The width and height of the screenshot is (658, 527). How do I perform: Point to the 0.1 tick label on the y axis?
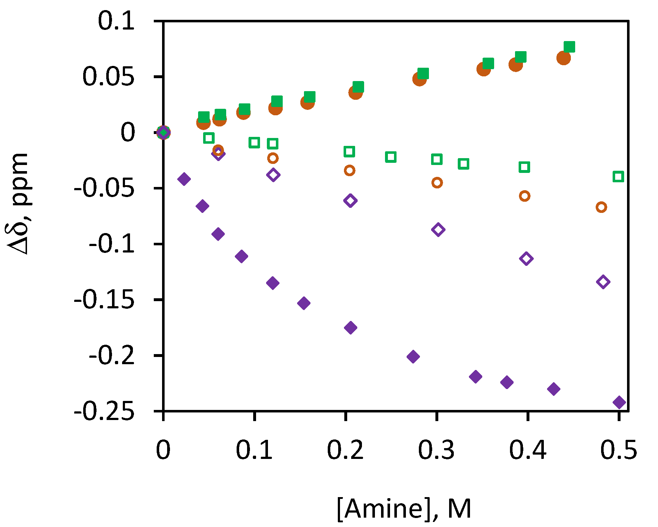[116, 21]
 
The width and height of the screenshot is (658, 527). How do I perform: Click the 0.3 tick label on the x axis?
[436, 450]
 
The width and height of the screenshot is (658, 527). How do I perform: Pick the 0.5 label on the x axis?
[618, 450]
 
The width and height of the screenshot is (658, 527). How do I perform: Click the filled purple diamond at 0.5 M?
[619, 402]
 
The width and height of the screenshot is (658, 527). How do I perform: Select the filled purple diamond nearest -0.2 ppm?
[413, 357]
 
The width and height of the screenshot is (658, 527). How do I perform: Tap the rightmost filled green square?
[569, 47]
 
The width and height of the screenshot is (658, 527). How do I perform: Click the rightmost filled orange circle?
[564, 58]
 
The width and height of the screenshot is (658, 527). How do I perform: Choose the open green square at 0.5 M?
[618, 177]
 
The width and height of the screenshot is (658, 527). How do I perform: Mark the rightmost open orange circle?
[601, 207]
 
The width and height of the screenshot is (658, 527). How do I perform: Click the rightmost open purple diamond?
[603, 282]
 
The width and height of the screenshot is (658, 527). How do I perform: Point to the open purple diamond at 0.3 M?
[438, 229]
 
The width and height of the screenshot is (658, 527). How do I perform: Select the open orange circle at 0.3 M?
[437, 183]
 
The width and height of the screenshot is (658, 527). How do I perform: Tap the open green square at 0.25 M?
[391, 157]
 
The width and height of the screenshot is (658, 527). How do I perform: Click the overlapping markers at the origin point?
[164, 133]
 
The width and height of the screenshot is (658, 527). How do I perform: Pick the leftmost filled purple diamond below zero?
[184, 179]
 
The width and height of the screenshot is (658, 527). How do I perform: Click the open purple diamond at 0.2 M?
[350, 201]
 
